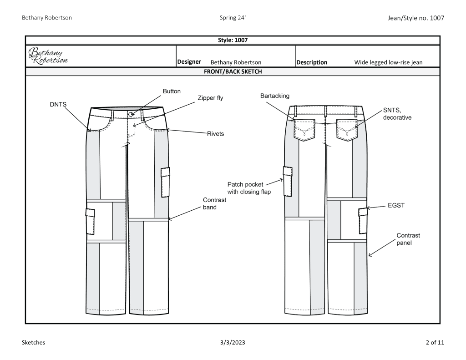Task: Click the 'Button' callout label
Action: coord(172,91)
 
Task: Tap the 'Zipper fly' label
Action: coord(210,98)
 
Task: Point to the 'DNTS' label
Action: coord(58,104)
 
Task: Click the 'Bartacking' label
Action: coord(274,96)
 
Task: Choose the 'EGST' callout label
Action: coord(396,206)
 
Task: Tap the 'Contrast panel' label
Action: coord(408,239)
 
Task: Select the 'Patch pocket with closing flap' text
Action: coord(249,188)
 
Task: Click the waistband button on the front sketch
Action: coord(131,114)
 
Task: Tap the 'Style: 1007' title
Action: coord(232,40)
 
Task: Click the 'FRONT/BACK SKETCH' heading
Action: coord(232,71)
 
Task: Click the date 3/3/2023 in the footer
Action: coord(233,343)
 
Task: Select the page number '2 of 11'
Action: coord(434,343)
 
